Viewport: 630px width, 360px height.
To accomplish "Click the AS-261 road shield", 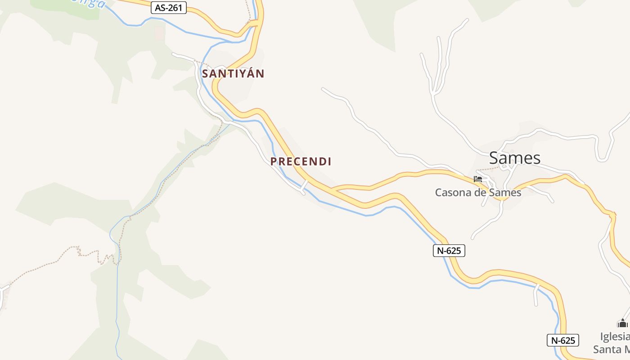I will tap(168, 8).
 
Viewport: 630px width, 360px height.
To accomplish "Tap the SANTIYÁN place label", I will tap(233, 73).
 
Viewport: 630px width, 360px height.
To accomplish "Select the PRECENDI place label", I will tap(301, 162).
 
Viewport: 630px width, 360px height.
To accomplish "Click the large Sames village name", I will tap(514, 158).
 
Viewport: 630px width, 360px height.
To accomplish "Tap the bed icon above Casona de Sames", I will tap(478, 179).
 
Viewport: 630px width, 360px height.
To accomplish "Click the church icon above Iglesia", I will tap(622, 323).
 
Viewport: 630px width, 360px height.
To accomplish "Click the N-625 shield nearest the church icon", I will tap(563, 340).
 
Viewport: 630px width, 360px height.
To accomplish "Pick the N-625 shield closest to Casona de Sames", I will tap(449, 251).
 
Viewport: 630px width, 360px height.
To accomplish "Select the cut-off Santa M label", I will tap(611, 349).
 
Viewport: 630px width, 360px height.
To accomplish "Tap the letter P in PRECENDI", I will tap(273, 162).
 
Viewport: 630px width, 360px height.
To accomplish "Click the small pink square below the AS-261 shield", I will tap(159, 32).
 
